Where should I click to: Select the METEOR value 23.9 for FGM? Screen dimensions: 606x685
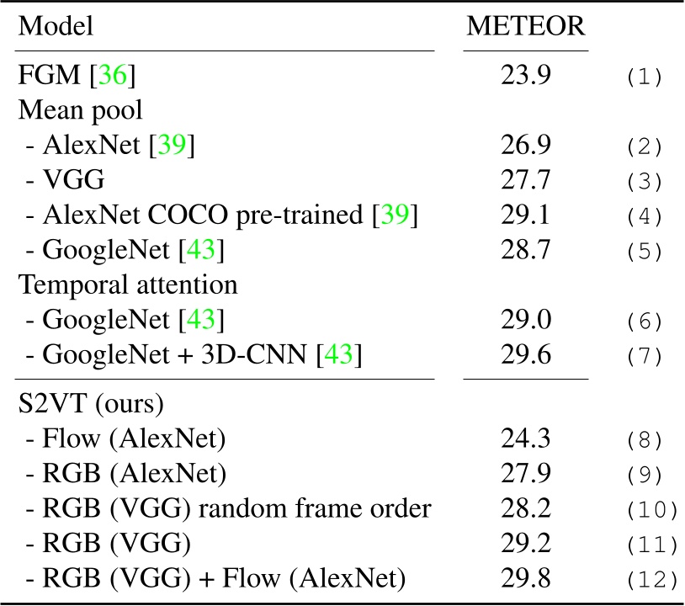coord(528,77)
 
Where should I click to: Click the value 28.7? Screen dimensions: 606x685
coord(528,250)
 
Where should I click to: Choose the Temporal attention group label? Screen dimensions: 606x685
coord(127,284)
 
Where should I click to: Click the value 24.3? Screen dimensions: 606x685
coord(528,439)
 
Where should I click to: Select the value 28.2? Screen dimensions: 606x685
coord(528,508)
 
